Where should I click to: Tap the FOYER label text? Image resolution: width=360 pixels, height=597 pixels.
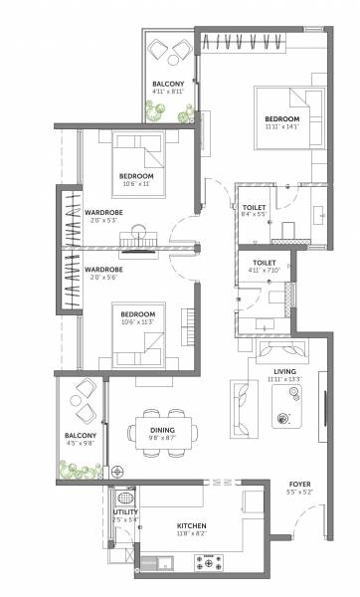299,484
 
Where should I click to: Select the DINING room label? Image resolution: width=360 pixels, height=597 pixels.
164,430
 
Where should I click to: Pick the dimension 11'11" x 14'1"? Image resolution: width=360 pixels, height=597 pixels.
281,125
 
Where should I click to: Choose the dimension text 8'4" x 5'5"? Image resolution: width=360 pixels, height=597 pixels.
255,214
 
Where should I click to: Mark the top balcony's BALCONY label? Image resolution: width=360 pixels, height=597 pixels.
166,85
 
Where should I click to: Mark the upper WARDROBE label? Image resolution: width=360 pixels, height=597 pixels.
102,213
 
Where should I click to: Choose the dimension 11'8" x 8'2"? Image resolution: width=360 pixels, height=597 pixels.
191,533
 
